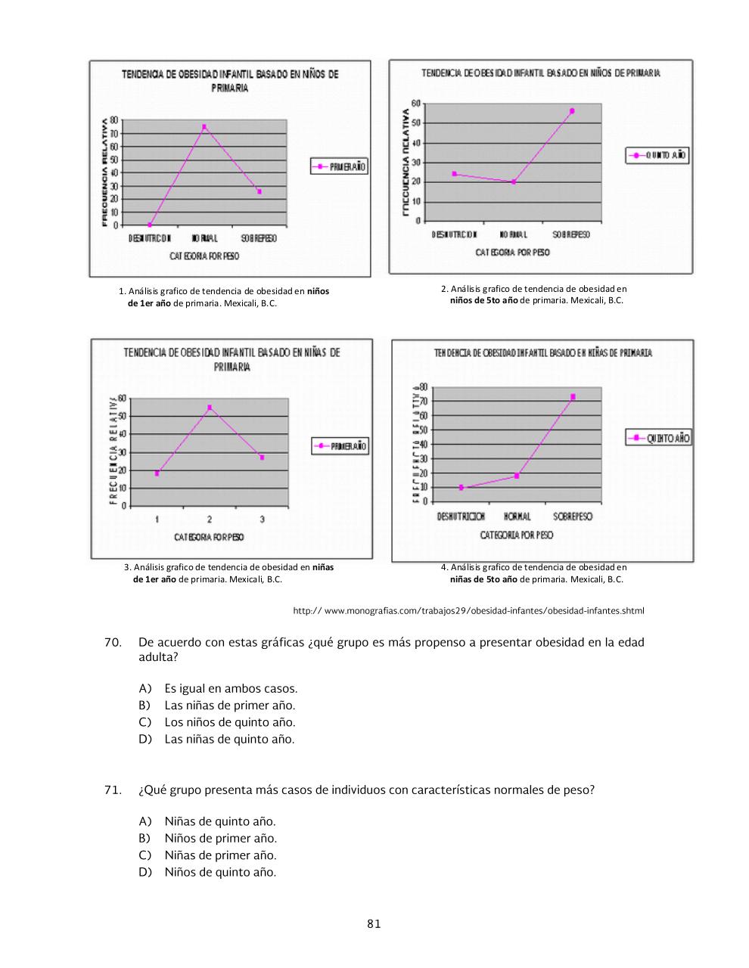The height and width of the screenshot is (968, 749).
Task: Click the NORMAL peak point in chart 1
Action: [x=204, y=127]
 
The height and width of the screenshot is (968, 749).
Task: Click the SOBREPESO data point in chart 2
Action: [x=572, y=111]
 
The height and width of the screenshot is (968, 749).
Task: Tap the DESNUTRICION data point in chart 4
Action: [x=461, y=488]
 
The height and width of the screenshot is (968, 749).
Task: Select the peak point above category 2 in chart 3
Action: [x=210, y=408]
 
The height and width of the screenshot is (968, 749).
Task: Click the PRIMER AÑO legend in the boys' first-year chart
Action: [x=340, y=166]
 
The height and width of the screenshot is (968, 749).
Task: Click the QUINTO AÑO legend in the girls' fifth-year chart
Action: [x=658, y=438]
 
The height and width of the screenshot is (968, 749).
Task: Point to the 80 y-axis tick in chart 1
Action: [x=114, y=120]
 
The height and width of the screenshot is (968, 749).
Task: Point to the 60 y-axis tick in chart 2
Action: [x=415, y=103]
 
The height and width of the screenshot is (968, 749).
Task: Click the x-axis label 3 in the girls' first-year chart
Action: [x=262, y=519]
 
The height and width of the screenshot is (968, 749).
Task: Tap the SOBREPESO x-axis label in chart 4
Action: [x=572, y=517]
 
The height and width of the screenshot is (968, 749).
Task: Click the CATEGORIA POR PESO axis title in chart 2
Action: [x=512, y=253]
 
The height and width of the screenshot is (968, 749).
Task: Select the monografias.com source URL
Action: [x=468, y=610]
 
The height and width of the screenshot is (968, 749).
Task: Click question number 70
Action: [x=113, y=642]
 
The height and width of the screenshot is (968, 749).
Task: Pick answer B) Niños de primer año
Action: [x=220, y=838]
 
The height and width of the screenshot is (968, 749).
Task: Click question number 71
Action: [x=113, y=790]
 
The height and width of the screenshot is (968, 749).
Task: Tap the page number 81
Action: [x=374, y=923]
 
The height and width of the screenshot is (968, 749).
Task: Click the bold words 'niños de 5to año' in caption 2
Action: [x=483, y=300]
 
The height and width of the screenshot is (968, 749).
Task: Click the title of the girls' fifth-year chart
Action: [x=542, y=353]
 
